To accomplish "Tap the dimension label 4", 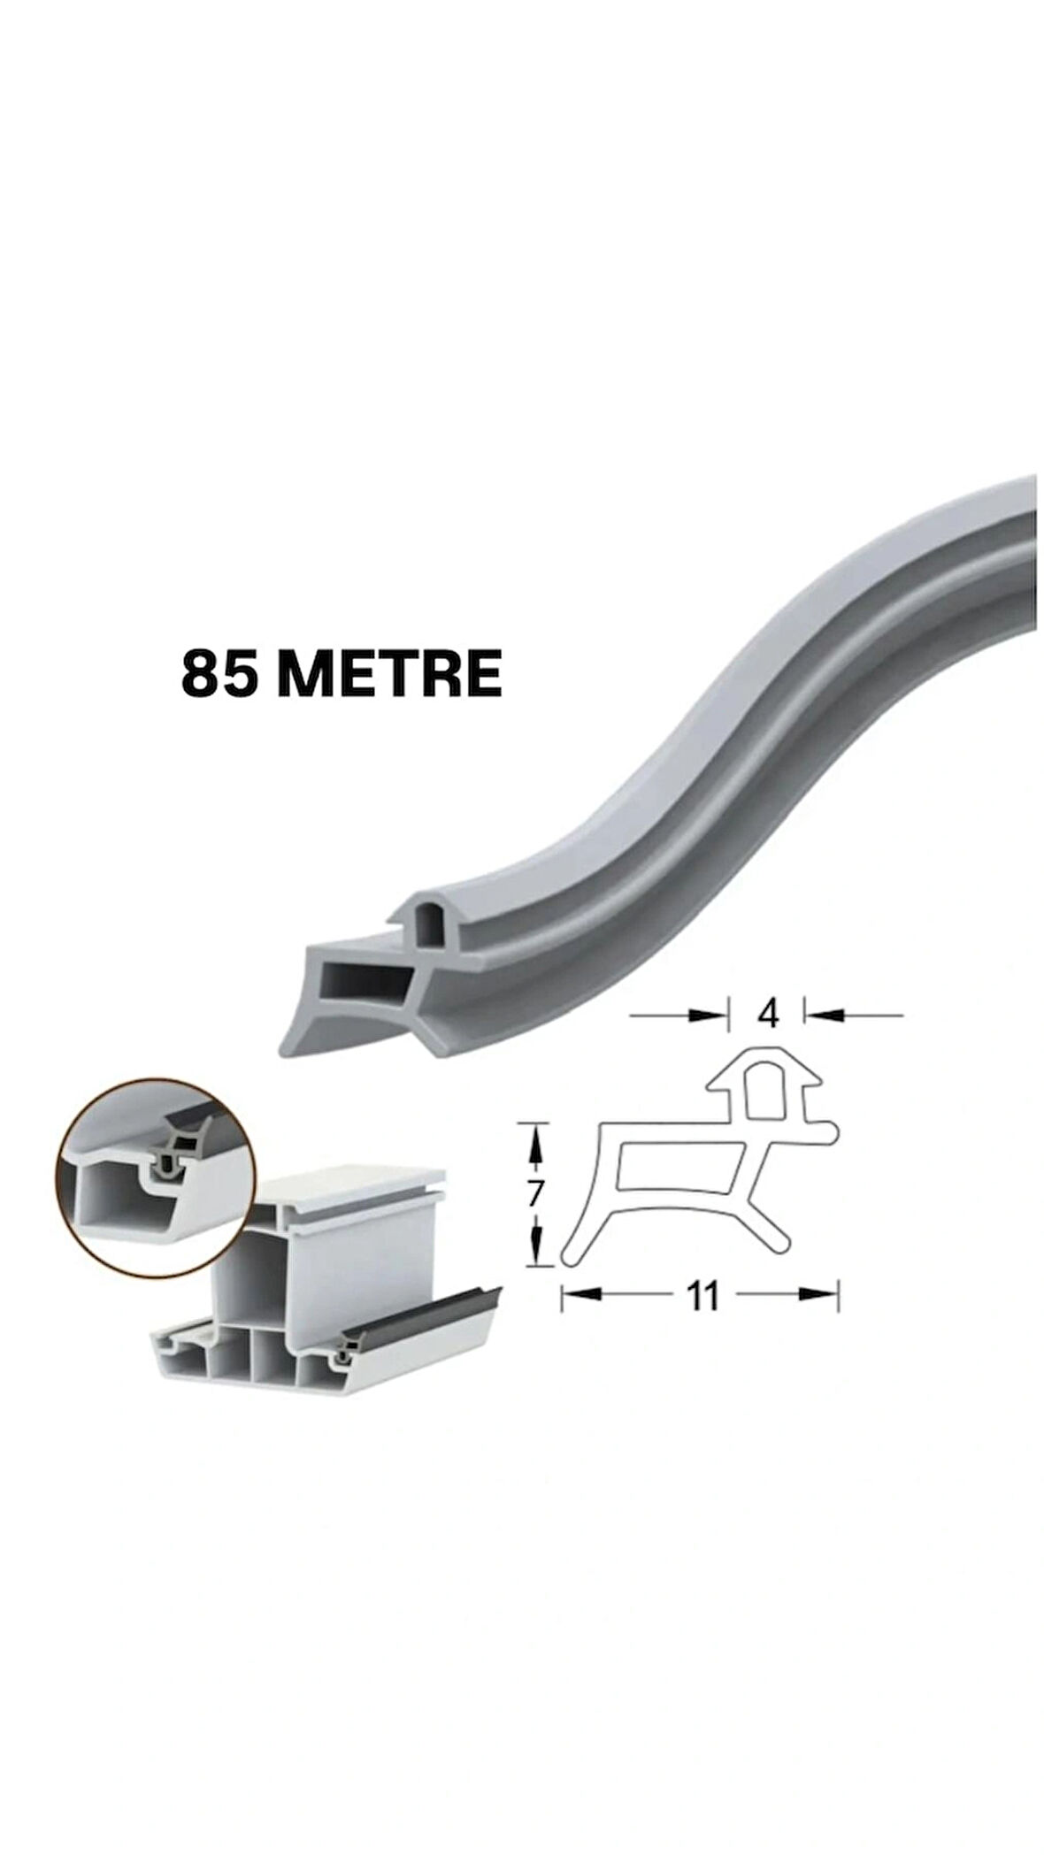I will [x=768, y=1014].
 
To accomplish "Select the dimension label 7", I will [x=534, y=1193].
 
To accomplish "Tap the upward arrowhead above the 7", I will [x=534, y=1144].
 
